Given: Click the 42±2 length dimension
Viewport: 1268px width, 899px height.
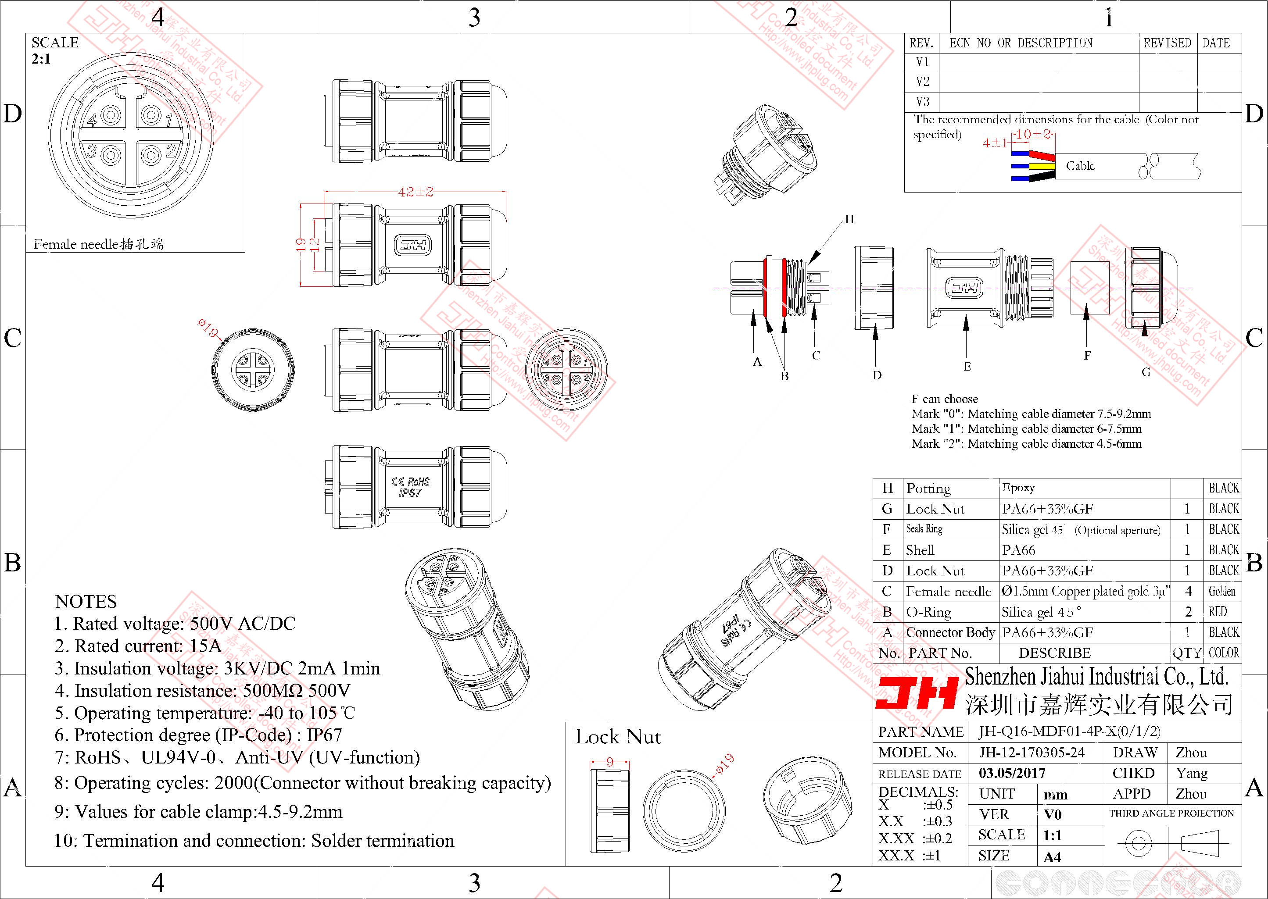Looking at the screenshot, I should click(416, 192).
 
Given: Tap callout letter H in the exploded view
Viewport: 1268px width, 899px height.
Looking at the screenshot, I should click(849, 219).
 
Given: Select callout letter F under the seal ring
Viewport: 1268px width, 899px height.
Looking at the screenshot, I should click(1087, 355).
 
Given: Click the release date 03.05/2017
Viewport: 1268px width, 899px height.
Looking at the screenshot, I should click(1012, 773).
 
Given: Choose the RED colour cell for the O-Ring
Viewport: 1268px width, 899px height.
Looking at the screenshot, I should click(1218, 612).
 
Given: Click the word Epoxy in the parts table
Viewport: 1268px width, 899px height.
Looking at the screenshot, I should click(1018, 488).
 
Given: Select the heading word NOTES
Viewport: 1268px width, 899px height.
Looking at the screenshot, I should click(86, 602).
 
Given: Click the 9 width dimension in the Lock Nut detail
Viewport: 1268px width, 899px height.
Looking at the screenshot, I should click(609, 762).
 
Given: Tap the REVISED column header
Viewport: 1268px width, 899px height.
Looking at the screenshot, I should click(1167, 43).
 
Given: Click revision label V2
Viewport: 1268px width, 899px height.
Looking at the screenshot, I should click(923, 82).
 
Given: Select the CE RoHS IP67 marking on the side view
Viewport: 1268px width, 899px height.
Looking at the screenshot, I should click(410, 487).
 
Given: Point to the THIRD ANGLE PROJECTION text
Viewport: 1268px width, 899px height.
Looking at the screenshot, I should click(1171, 813).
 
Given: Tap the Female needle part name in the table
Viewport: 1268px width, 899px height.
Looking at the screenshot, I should click(948, 592).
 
